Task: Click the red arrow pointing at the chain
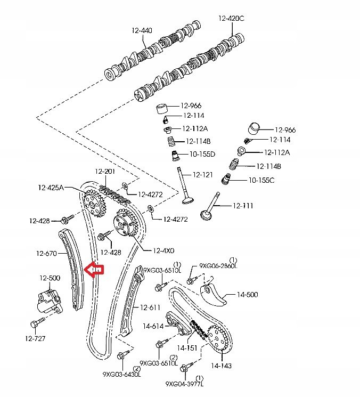[96, 270]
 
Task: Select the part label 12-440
[142, 30]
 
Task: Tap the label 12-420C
[231, 18]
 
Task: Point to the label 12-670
[46, 254]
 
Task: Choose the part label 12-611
[150, 307]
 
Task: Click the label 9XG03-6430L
[121, 374]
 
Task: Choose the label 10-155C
[261, 180]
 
